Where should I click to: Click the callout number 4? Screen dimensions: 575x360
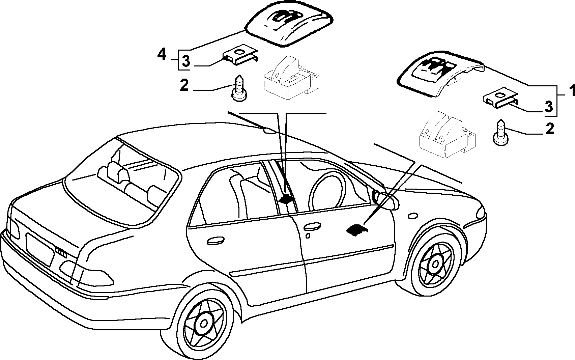tap(162, 55)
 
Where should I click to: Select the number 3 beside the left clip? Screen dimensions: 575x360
tap(185, 62)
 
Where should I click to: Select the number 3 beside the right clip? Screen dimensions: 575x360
tap(548, 107)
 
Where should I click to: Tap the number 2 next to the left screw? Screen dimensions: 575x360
tap(184, 85)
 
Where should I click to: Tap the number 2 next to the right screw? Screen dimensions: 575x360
tap(549, 129)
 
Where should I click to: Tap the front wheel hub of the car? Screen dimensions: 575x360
tap(436, 264)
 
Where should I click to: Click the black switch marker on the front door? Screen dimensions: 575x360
tap(356, 230)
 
